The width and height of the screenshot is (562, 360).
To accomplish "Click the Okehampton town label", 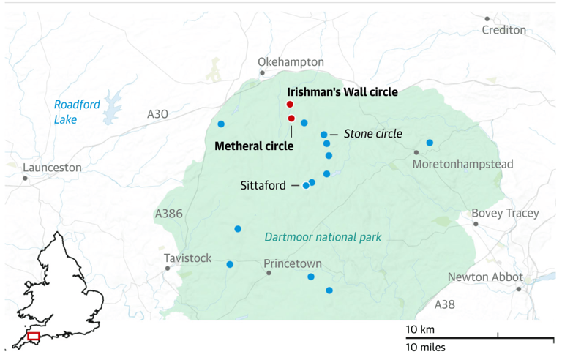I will pyautogui.click(x=291, y=62).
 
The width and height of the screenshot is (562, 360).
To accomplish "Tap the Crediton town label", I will pyautogui.click(x=503, y=30).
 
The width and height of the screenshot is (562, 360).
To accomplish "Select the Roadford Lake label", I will pyautogui.click(x=76, y=110).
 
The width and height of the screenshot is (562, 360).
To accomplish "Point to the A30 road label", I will pyautogui.click(x=157, y=114).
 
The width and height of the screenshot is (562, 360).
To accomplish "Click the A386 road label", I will pyautogui.click(x=168, y=214).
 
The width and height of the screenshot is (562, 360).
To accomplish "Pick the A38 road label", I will pyautogui.click(x=446, y=304).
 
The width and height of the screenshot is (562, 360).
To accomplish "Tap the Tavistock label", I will pyautogui.click(x=187, y=258).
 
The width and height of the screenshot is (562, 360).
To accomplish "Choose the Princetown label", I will pyautogui.click(x=292, y=263).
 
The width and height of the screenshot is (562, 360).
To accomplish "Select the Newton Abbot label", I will pyautogui.click(x=485, y=277).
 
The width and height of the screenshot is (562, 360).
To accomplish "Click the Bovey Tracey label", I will pyautogui.click(x=505, y=214).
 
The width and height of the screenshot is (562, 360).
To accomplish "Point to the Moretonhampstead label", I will pyautogui.click(x=462, y=164).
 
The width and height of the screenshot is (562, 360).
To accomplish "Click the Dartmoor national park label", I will pyautogui.click(x=323, y=236).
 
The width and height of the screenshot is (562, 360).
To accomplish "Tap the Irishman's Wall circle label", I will pyautogui.click(x=342, y=92).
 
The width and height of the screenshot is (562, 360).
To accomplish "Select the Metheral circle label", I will pyautogui.click(x=253, y=146).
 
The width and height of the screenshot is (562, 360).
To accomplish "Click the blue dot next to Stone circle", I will pyautogui.click(x=323, y=135).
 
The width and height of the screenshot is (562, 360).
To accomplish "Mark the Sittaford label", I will pyautogui.click(x=263, y=186).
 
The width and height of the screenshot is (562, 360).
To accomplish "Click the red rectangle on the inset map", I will pyautogui.click(x=33, y=336).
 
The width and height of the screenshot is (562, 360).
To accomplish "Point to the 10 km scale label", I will pyautogui.click(x=421, y=328).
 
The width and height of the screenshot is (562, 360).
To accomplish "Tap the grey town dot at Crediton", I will pyautogui.click(x=487, y=19).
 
